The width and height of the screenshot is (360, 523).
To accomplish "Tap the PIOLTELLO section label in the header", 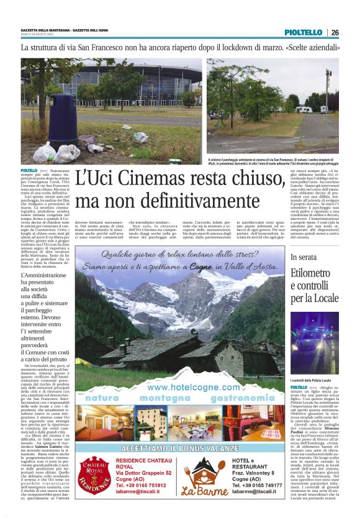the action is pyautogui.click(x=304, y=32).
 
